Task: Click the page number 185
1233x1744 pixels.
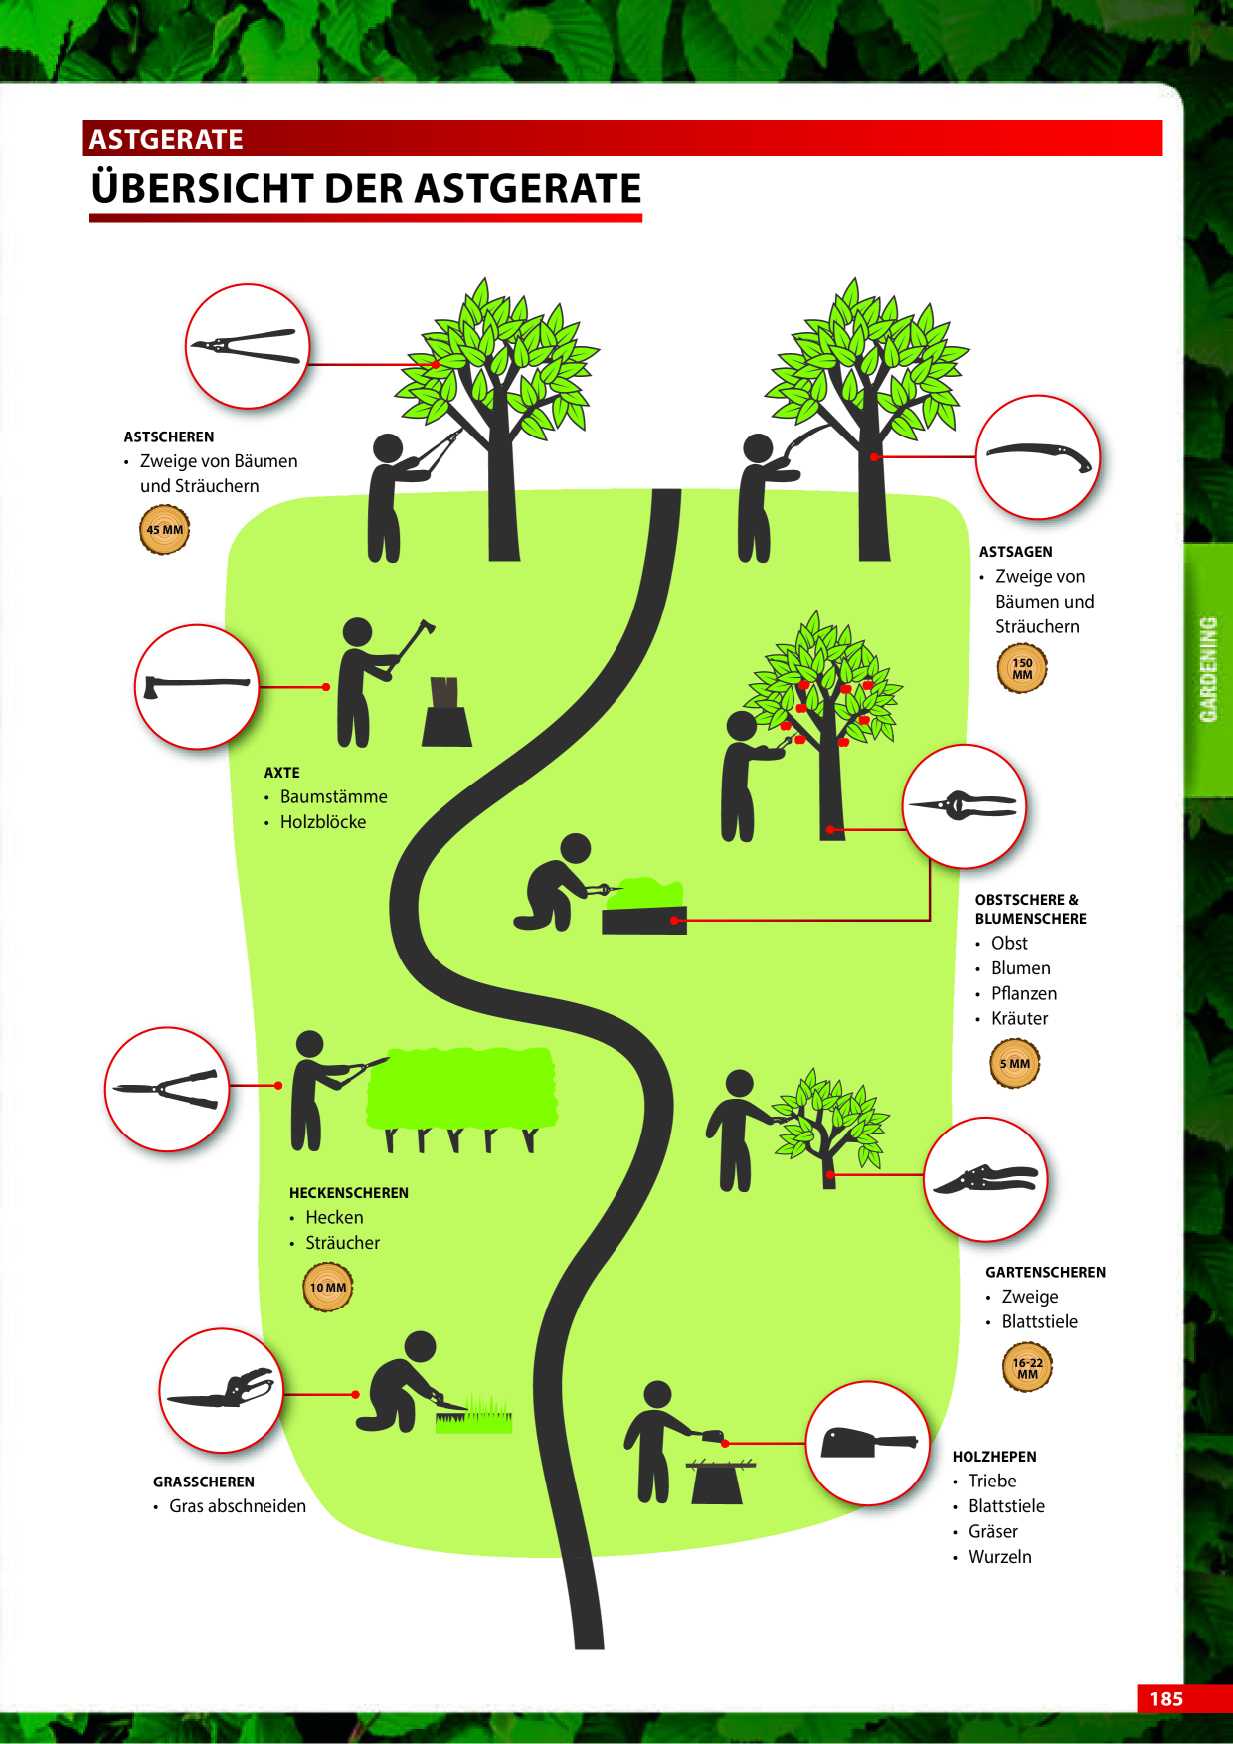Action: coord(1166,1698)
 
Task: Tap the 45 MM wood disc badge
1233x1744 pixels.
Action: coord(164,529)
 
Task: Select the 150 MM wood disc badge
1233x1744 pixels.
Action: coord(1022,668)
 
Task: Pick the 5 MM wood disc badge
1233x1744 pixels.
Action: coord(1015,1063)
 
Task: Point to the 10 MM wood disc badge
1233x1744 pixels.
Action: coord(327,1287)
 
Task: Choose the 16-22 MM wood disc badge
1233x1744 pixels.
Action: coord(1027,1368)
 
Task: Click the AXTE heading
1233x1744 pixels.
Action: coord(281,772)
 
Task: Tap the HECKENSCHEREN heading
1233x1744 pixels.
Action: coord(349,1192)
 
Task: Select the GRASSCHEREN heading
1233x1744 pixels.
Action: coord(204,1482)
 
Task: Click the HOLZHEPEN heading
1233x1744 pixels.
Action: coord(994,1457)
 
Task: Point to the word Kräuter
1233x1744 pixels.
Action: coord(1019,1018)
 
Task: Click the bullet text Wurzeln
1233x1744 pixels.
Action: coord(1000,1556)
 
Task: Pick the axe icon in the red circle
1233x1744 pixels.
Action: coord(196,684)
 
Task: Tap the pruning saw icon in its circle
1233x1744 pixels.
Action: coord(1038,456)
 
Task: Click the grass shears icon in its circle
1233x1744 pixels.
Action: coord(222,1390)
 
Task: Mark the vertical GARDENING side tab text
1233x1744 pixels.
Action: coord(1208,669)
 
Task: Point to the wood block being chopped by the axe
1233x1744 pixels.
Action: coord(446,712)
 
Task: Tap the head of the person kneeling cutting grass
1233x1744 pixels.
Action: coord(421,1346)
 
